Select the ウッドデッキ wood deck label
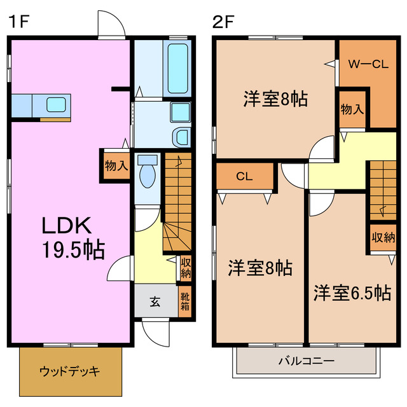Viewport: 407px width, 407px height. point(69,371)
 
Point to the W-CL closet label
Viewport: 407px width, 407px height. point(368,64)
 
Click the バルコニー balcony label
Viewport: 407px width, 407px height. point(306,361)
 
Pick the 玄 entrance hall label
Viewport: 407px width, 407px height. point(155,301)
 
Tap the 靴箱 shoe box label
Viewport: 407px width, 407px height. point(184,301)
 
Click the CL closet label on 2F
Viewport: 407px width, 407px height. point(245,177)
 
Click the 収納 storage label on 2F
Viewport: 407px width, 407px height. point(383,238)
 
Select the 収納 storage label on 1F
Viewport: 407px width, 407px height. point(185,267)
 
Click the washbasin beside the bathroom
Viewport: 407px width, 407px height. point(181,136)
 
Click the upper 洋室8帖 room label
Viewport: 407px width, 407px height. point(276,99)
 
